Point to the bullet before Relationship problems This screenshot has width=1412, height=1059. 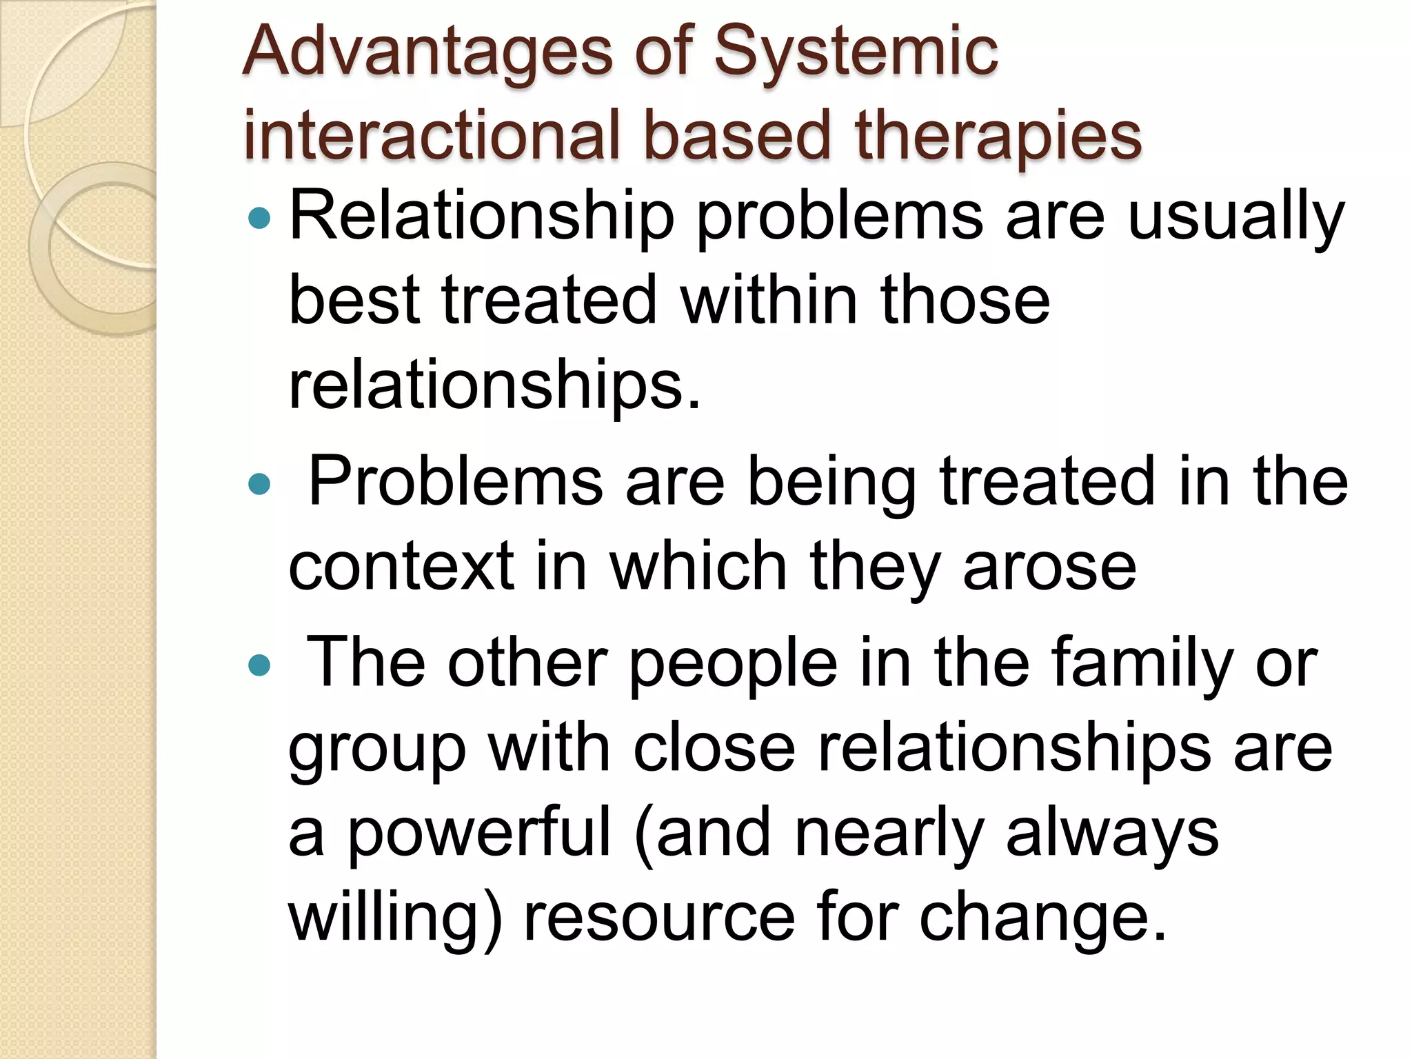[x=260, y=219]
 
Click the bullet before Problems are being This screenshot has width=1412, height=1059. [x=260, y=484]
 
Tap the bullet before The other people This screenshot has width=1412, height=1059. [x=260, y=665]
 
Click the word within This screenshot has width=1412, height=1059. [x=769, y=301]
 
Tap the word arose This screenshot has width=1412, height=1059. [x=1049, y=567]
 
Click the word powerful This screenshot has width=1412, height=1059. [x=478, y=834]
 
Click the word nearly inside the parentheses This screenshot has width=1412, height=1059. [x=889, y=834]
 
